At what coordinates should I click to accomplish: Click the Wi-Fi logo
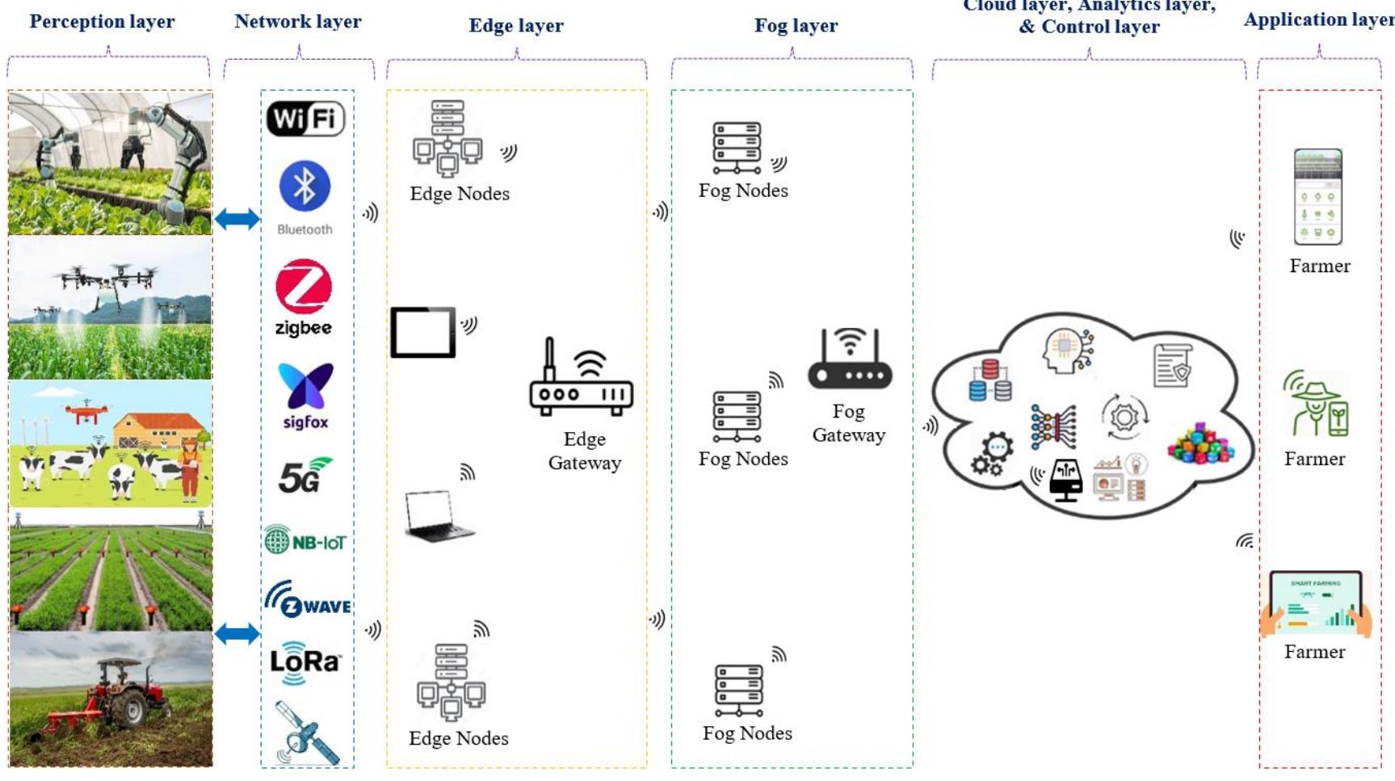point(305,119)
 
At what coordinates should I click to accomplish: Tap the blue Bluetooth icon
point(305,187)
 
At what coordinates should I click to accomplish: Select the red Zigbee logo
point(304,287)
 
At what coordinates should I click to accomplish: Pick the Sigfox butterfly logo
point(305,386)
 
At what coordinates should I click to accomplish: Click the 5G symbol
point(304,477)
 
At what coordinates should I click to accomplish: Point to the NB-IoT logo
point(305,540)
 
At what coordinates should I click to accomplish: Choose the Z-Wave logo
point(307,600)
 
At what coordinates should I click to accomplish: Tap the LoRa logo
point(305,662)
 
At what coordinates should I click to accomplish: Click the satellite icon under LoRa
point(307,733)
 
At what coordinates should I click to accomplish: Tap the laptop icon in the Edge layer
point(439,515)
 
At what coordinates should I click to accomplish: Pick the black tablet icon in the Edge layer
point(422,332)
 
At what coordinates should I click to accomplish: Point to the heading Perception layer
point(102,22)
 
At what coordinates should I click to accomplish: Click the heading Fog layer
point(796,26)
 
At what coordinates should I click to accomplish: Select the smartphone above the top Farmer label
point(1317,197)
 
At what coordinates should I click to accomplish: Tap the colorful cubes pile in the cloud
point(1201,443)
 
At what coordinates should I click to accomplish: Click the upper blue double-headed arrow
point(237,219)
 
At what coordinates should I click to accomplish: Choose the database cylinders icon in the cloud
point(990,381)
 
